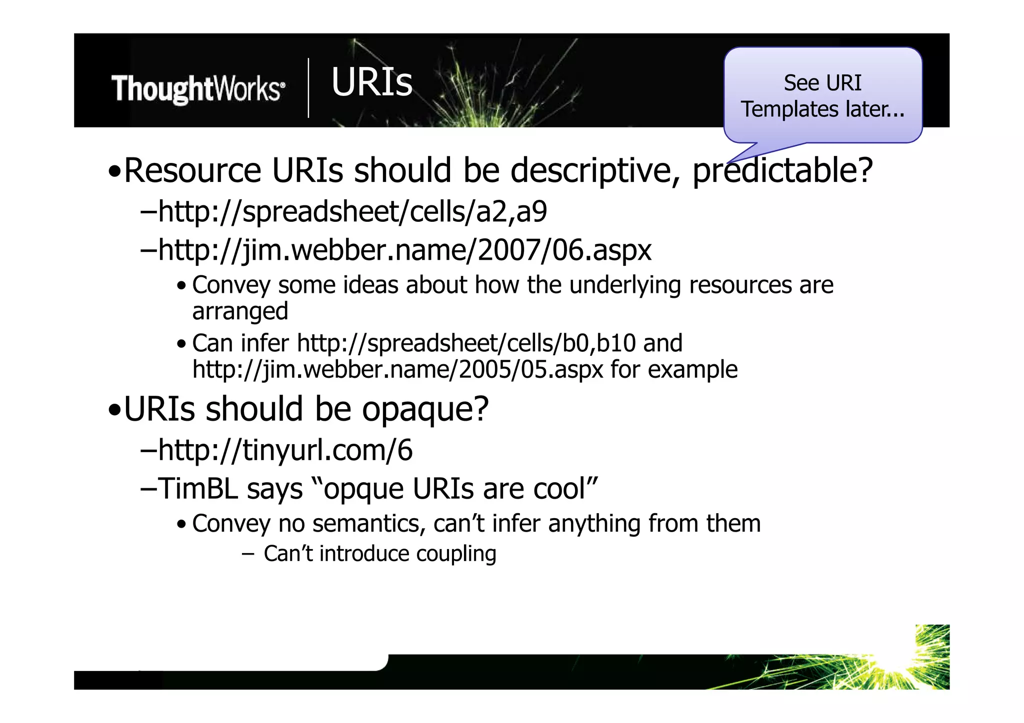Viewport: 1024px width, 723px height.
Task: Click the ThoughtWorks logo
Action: pos(198,89)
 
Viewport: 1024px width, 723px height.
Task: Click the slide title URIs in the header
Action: pos(371,82)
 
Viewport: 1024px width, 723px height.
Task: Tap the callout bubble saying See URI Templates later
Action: pos(822,96)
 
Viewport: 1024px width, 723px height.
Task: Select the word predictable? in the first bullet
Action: pos(782,171)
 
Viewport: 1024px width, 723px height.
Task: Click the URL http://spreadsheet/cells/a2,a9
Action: pos(352,211)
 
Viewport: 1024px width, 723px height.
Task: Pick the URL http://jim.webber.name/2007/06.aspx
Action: pos(405,250)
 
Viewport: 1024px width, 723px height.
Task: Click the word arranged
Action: pos(240,311)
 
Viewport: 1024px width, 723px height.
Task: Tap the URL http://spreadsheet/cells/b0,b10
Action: pos(466,343)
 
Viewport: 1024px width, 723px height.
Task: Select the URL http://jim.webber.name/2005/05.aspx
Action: pos(398,370)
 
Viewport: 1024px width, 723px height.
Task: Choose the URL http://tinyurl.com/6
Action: pos(285,450)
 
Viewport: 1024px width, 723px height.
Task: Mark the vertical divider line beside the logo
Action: pos(308,88)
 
